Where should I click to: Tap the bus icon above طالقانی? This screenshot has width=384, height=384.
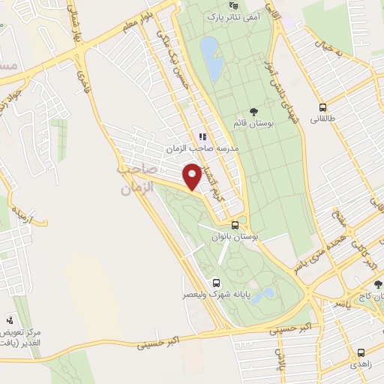pyautogui.click(x=322, y=108)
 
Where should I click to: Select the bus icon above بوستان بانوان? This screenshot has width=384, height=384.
pyautogui.click(x=235, y=224)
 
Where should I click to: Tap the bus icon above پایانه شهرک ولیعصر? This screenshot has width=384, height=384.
pyautogui.click(x=216, y=283)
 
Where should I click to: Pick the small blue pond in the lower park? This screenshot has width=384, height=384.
pyautogui.click(x=262, y=296)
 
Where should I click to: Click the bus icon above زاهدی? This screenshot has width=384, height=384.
pyautogui.click(x=361, y=352)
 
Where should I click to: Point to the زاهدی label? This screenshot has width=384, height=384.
pyautogui.click(x=361, y=364)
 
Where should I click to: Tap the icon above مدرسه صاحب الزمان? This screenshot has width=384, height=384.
pyautogui.click(x=202, y=136)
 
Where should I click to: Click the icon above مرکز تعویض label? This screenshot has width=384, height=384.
pyautogui.click(x=10, y=319)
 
